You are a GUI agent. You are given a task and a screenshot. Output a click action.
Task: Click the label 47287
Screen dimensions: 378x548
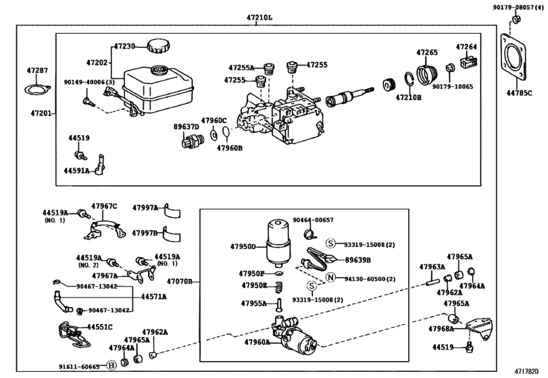[x=38, y=70]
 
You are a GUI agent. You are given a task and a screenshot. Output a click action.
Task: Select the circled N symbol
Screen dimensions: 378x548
[x=330, y=278]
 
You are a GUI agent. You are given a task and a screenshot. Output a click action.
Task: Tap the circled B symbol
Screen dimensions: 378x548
[x=112, y=367]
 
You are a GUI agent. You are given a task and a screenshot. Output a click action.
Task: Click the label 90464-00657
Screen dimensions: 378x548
[x=313, y=220]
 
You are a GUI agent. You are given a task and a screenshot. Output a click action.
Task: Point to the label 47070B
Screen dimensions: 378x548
[x=180, y=280]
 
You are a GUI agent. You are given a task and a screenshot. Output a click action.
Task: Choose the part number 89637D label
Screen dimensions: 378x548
[x=186, y=126]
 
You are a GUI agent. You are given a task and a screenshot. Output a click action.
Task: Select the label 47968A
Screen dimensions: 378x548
[x=441, y=329]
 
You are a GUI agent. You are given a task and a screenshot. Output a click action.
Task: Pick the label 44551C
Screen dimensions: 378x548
[x=99, y=327]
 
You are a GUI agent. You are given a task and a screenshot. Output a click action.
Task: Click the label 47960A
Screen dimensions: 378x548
[x=256, y=342]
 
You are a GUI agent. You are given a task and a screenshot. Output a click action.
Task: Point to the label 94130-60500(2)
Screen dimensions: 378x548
[x=370, y=278]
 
